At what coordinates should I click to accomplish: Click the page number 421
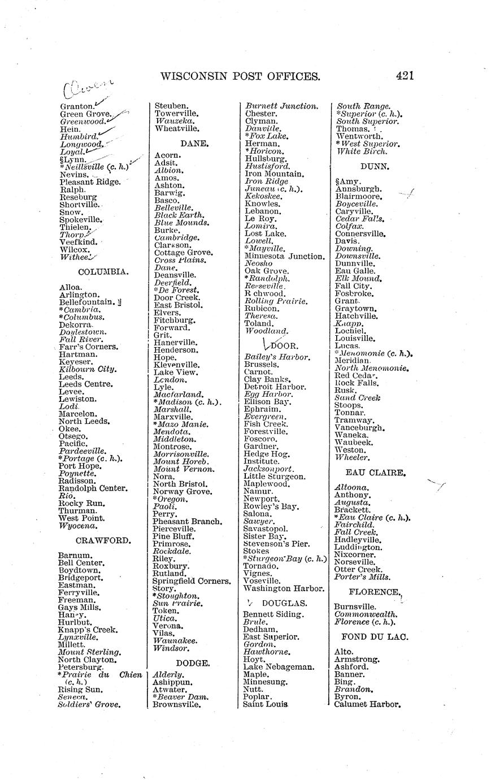click(405, 76)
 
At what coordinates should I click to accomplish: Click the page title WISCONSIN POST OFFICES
click(241, 76)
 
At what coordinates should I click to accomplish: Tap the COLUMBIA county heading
click(103, 272)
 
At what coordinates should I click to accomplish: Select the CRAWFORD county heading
click(103, 540)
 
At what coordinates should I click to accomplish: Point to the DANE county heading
click(193, 144)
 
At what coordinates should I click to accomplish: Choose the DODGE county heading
click(193, 662)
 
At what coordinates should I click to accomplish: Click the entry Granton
click(77, 106)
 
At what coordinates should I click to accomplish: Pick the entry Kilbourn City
click(88, 369)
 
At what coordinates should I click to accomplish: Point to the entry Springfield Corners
click(192, 581)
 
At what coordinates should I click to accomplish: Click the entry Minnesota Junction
click(284, 256)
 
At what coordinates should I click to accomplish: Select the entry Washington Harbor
click(284, 588)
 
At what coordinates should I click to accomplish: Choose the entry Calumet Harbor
click(367, 704)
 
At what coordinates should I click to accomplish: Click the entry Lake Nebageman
click(279, 667)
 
